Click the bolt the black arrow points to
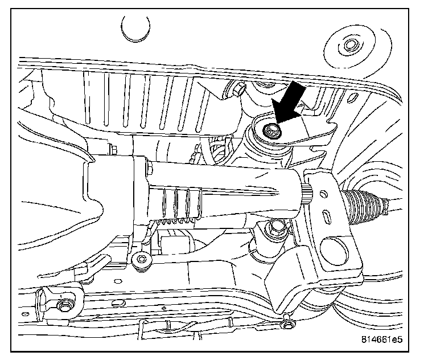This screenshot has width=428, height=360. click(271, 132)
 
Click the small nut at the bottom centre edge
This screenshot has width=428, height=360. click(290, 324)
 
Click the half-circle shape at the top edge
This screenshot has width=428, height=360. click(134, 28)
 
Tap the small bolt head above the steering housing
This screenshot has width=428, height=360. click(149, 169)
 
